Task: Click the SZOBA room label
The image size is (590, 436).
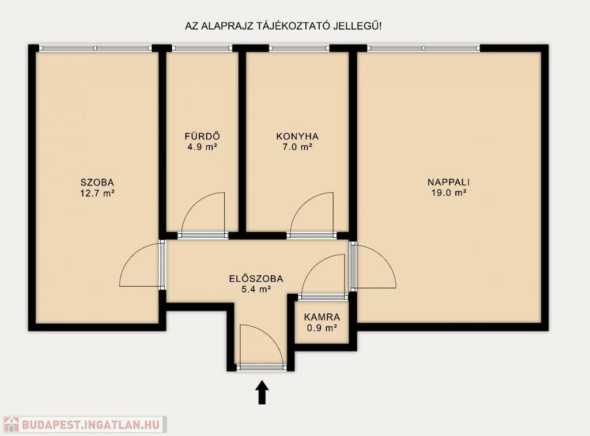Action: [x=97, y=183]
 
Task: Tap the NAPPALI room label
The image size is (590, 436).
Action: [x=448, y=182]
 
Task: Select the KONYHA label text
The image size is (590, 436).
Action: [x=297, y=136]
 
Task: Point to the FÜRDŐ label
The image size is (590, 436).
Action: [x=202, y=136]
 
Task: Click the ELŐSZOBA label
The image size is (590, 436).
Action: [x=256, y=279]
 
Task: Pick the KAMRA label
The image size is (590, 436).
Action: [x=322, y=317]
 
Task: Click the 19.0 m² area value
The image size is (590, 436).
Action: [x=449, y=193]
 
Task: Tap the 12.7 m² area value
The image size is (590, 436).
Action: [x=97, y=194]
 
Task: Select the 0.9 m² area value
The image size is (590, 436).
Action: [x=322, y=328]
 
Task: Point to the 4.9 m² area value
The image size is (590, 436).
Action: [x=202, y=147]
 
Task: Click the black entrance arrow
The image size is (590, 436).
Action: [x=262, y=392]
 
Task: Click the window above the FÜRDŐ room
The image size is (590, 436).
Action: [x=202, y=48]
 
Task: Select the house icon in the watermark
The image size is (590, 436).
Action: [x=11, y=424]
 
